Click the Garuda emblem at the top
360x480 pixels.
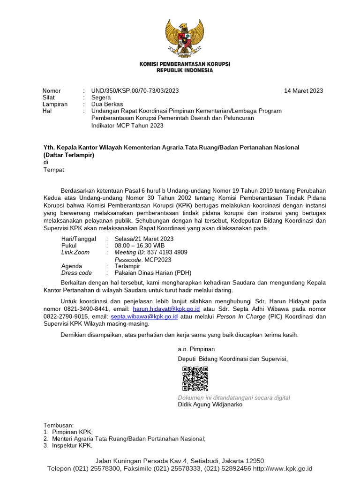click(184, 37)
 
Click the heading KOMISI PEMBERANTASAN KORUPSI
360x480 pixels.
click(184, 64)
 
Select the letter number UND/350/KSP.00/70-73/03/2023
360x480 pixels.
click(135, 91)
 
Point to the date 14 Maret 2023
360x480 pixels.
click(303, 91)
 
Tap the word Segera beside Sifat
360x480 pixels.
click(101, 97)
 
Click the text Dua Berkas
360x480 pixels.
click(107, 104)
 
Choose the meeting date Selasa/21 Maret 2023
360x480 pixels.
click(144, 239)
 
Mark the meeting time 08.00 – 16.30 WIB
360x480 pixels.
click(140, 245)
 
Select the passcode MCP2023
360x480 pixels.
click(158, 259)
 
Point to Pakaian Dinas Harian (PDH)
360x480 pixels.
click(153, 273)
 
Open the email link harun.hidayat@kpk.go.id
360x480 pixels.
click(166, 310)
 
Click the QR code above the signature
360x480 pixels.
click(195, 379)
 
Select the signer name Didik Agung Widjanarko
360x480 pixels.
click(210, 405)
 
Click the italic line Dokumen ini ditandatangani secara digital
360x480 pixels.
click(234, 397)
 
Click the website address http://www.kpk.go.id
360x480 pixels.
click(283, 468)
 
